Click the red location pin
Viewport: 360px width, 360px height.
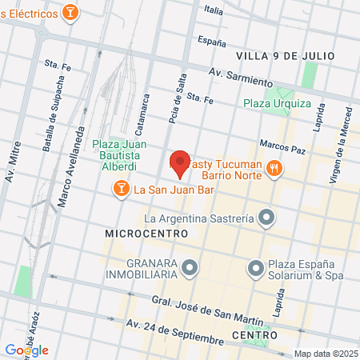pyautogui.click(x=180, y=163)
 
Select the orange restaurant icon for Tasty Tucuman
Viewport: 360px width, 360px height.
pyautogui.click(x=274, y=167)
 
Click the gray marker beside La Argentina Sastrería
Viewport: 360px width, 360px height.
pyautogui.click(x=268, y=218)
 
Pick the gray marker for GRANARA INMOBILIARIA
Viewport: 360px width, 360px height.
pyautogui.click(x=189, y=267)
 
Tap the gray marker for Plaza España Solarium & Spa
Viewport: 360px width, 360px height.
pyautogui.click(x=256, y=267)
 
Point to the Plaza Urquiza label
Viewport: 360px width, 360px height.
pyautogui.click(x=277, y=103)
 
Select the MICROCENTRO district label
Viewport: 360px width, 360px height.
pyautogui.click(x=146, y=233)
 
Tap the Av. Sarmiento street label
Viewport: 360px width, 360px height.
pyautogui.click(x=235, y=77)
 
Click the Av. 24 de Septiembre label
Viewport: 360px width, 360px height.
pyautogui.click(x=174, y=331)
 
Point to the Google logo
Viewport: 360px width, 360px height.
pyautogui.click(x=26, y=350)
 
